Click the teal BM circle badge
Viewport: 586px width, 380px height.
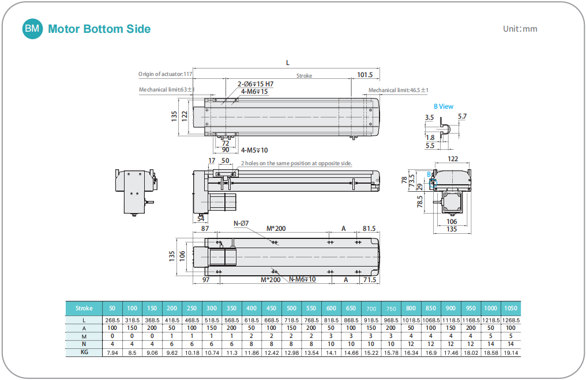[32, 28]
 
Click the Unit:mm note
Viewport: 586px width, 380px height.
[520, 29]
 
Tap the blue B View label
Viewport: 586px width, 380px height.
[444, 107]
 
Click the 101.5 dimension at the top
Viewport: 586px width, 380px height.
[365, 75]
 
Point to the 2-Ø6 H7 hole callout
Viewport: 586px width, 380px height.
[256, 84]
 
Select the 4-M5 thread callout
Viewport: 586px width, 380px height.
[254, 150]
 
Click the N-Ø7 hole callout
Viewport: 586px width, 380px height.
[241, 223]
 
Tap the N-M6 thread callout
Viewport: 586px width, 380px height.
[302, 279]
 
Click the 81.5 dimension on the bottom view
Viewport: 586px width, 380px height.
[369, 229]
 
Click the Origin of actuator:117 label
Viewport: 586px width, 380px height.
[165, 74]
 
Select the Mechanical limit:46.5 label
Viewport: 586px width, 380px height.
[398, 90]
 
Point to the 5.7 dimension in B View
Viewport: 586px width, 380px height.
[462, 116]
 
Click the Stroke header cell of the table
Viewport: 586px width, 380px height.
[84, 308]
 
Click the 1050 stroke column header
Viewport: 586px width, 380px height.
[510, 308]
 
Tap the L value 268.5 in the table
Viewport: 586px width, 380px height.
[112, 320]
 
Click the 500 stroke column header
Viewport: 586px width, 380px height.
[291, 308]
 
